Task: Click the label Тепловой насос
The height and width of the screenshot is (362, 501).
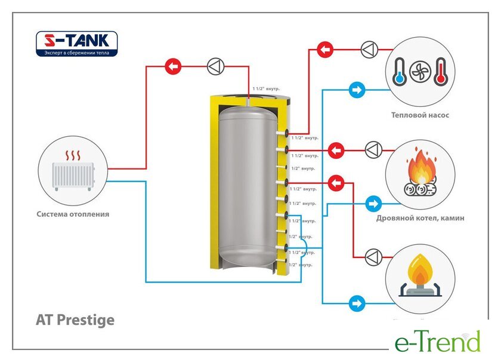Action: (x=420, y=115)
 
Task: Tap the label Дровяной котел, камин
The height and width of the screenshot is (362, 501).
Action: (x=420, y=219)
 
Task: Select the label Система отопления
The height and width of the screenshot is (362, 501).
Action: (x=73, y=214)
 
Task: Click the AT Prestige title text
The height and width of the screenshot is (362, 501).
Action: (x=75, y=320)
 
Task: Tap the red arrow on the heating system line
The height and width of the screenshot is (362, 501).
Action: (x=173, y=66)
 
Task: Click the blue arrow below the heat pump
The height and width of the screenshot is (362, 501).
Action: (x=357, y=91)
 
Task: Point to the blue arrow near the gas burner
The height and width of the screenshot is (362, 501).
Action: (x=357, y=303)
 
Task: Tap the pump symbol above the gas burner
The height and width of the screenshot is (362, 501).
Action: (x=374, y=257)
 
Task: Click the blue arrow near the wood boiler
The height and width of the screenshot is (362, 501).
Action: (x=373, y=204)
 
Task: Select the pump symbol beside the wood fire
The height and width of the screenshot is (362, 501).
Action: (x=374, y=149)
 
